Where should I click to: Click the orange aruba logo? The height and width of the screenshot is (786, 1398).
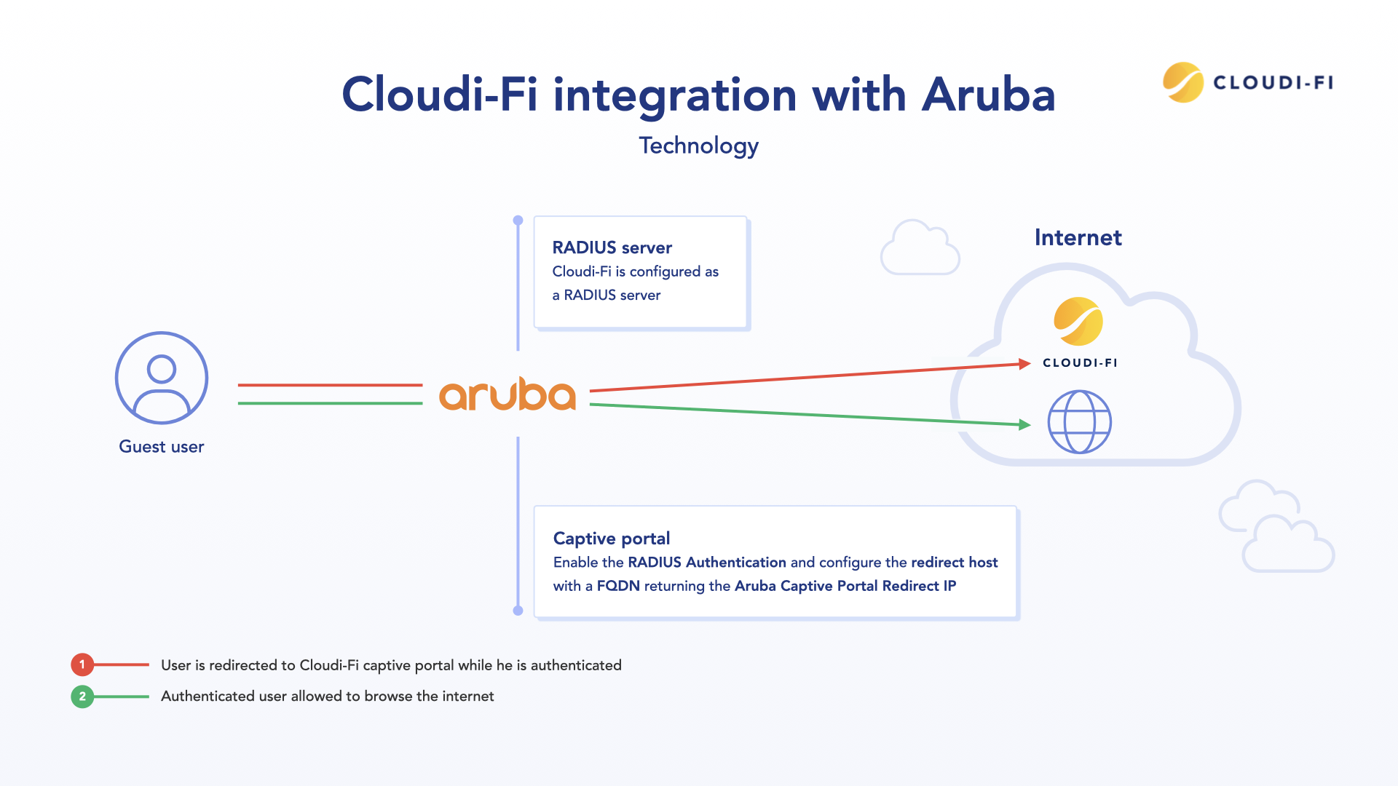508,394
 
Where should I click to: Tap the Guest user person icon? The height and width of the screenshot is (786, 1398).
162,378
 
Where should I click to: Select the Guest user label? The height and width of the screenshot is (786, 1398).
162,447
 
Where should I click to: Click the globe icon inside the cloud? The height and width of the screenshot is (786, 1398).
1079,422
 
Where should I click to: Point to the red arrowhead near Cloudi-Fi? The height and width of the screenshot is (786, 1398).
1024,364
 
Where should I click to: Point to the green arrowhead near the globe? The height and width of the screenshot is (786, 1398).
1024,424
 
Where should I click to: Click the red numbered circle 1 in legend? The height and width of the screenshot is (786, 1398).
82,664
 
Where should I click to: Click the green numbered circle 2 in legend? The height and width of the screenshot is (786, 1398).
82,696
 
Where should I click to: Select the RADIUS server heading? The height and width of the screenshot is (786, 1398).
612,247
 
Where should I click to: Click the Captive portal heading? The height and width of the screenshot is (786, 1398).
612,539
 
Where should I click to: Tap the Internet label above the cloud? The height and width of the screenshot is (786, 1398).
1078,238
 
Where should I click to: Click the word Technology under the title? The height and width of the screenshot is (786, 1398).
699,146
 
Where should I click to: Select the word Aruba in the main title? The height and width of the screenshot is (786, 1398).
988,95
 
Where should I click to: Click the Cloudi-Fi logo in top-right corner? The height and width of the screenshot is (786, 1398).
1248,82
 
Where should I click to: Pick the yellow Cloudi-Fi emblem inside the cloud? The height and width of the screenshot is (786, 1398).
1078,321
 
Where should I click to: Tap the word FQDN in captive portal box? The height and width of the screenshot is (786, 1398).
618,586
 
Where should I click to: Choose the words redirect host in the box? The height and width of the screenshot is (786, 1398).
954,563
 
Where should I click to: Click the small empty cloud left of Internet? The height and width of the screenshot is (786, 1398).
920,248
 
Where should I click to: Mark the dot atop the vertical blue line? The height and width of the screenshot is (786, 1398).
518,221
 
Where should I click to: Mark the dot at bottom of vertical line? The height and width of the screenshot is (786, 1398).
518,611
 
